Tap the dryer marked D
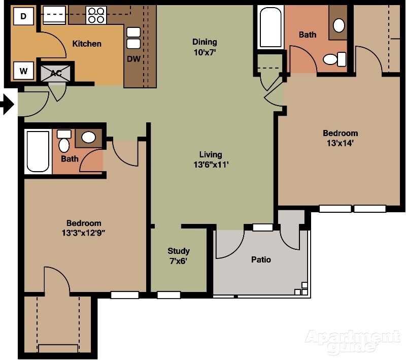[x=23, y=17]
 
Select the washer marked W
[x=23, y=71]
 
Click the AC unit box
[x=56, y=73]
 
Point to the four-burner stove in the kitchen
[x=95, y=16]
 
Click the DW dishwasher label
[x=133, y=59]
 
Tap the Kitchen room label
[x=87, y=44]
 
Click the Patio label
[x=261, y=259]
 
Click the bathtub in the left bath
[x=38, y=151]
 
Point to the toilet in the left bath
[x=64, y=143]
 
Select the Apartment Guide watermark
[x=352, y=341]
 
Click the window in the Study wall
[x=168, y=295]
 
